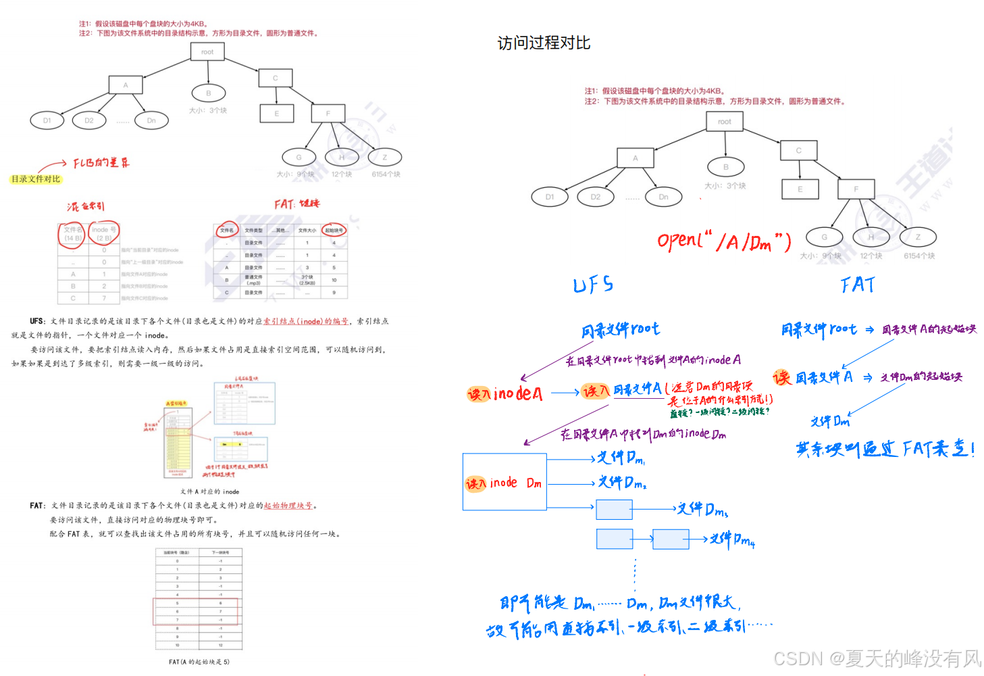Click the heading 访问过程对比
point(544,43)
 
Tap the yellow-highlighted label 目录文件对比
point(36,179)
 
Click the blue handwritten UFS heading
point(593,285)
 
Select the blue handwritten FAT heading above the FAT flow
point(858,285)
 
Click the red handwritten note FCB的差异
point(101,163)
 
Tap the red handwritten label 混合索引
point(86,206)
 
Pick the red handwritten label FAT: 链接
point(296,203)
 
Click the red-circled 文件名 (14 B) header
point(73,234)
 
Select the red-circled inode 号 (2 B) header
point(104,234)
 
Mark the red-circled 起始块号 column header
point(334,231)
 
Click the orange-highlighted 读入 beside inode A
point(479,394)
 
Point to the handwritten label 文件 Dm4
point(733,539)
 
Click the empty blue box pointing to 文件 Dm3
point(614,509)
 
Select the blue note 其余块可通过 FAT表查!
point(885,449)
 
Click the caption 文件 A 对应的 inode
point(209,491)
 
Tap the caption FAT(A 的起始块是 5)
point(199,662)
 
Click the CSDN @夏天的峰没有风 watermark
point(877,658)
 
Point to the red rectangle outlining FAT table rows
point(195,611)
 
